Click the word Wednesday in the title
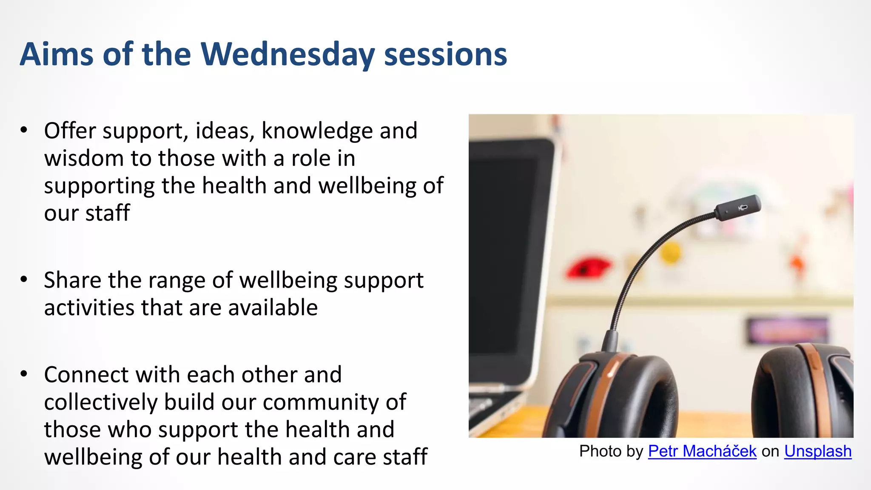(x=287, y=54)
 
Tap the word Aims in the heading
(x=56, y=54)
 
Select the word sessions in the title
(x=445, y=54)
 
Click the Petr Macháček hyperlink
(x=702, y=451)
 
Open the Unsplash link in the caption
(x=817, y=451)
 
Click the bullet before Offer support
(x=24, y=130)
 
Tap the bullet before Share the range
(x=24, y=279)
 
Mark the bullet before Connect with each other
(x=24, y=374)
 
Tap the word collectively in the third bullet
(x=101, y=402)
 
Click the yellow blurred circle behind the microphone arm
(x=671, y=253)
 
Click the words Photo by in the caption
(x=611, y=451)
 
